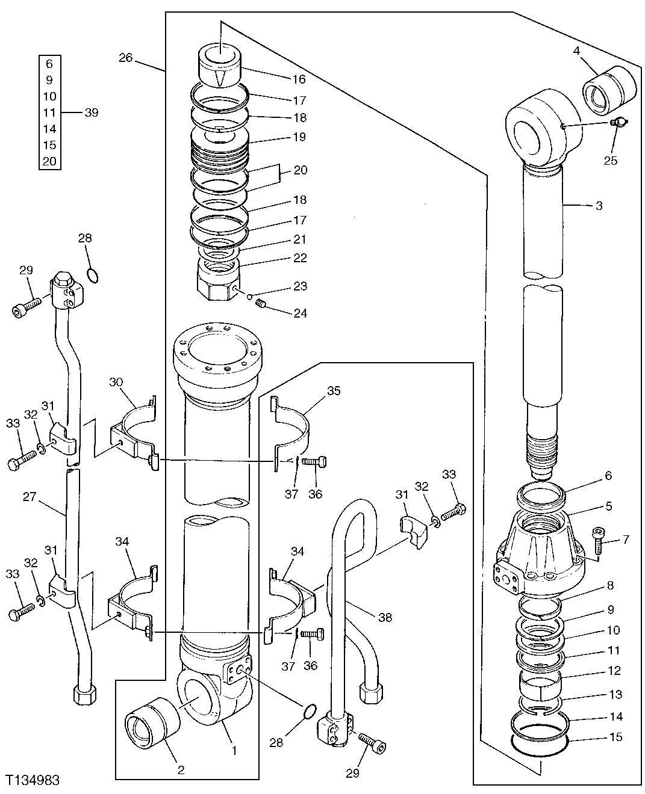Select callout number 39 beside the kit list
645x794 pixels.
92,112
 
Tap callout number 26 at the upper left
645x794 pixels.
125,58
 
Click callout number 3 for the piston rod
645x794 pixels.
598,206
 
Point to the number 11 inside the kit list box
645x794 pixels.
49,112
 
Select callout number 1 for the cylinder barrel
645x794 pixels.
234,751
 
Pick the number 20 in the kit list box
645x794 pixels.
49,161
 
